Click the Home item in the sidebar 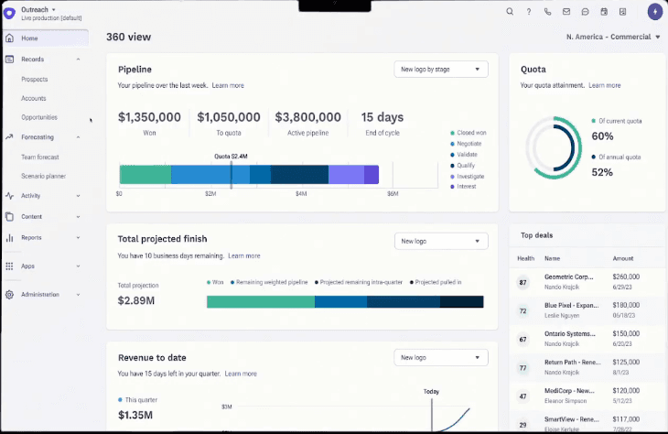point(29,38)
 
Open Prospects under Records point(34,79)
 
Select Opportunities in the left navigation point(39,117)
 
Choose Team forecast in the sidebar point(41,157)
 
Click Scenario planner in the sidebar point(43,176)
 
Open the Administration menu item point(39,295)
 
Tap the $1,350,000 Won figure point(149,117)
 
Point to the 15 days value point(382,117)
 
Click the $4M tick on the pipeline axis point(301,194)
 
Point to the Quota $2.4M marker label point(231,157)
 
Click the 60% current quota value point(602,136)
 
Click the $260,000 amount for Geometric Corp point(627,276)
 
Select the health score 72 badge point(523,311)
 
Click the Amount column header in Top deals point(623,259)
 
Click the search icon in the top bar point(510,12)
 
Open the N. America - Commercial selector point(613,38)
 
